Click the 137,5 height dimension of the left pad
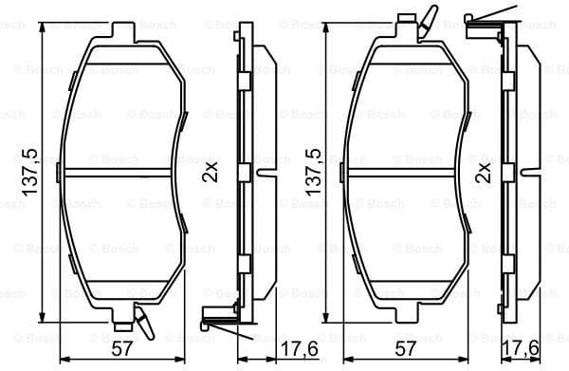point(28,173)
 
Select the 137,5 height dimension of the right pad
point(310,173)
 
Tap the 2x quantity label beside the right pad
point(484,173)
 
